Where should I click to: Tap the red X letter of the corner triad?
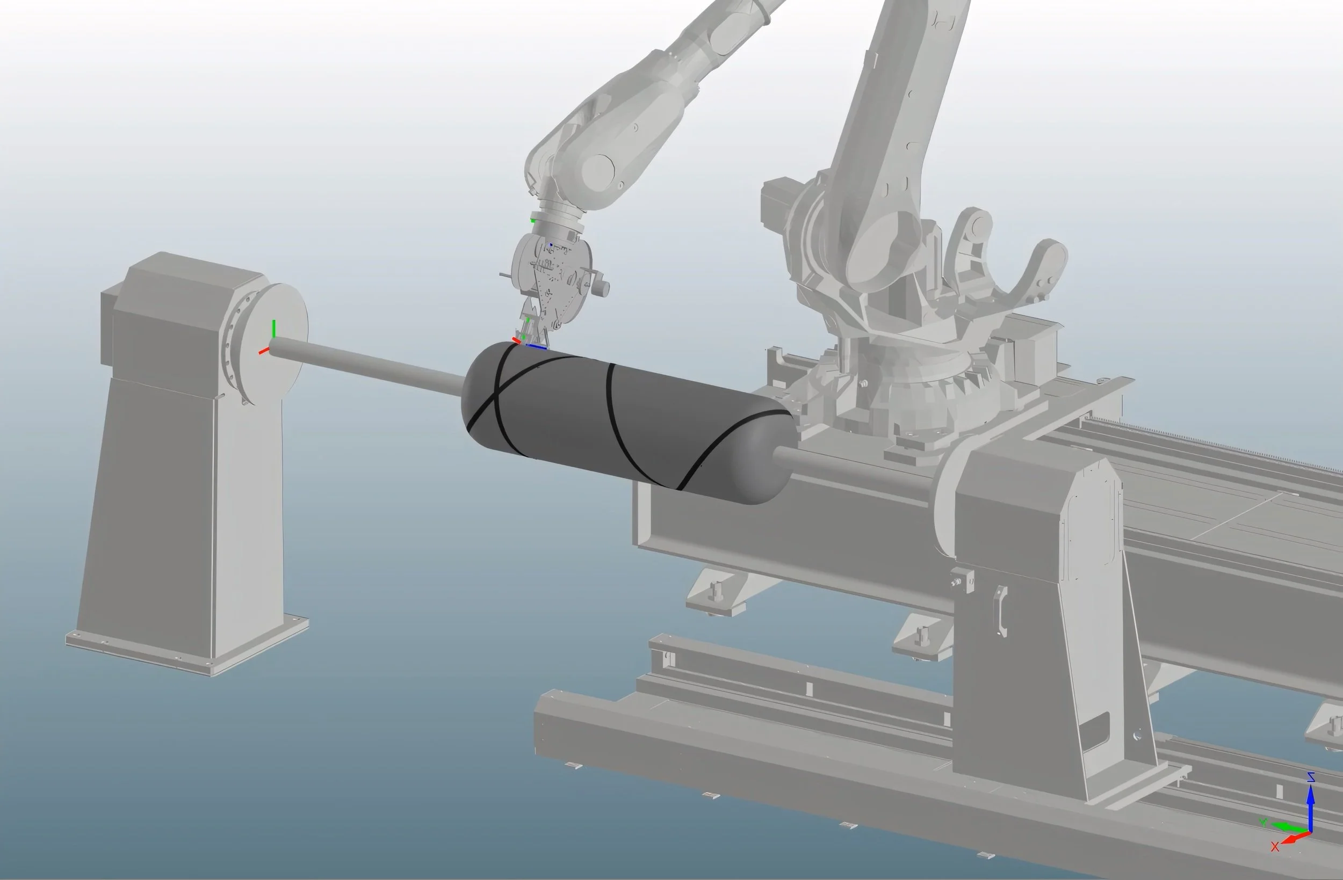click(x=1275, y=846)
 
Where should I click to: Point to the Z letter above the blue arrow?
click(x=1311, y=777)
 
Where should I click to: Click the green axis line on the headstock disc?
click(x=273, y=330)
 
